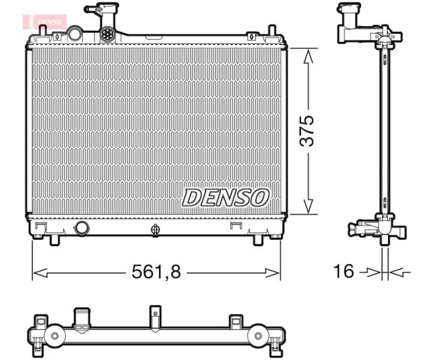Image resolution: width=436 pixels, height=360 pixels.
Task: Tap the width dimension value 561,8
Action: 156,272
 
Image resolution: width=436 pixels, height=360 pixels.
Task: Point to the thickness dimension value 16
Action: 344,272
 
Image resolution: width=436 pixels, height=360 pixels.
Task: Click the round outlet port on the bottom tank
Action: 80,228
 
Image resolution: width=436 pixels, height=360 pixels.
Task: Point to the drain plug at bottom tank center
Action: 155,230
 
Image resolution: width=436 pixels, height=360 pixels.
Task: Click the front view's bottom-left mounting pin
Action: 53,239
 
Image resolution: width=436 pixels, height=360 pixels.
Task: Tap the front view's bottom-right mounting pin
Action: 258,239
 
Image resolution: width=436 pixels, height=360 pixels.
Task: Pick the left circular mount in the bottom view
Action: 55,335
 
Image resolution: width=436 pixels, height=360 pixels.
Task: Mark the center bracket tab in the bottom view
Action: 155,316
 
